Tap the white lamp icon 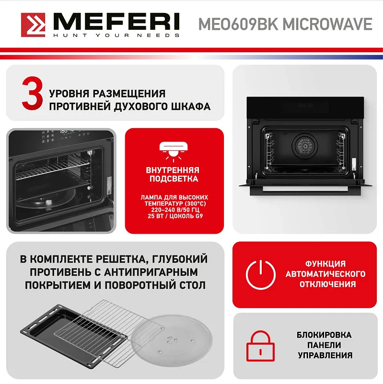pyautogui.click(x=173, y=147)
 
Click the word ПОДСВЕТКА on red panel pyautogui.click(x=173, y=179)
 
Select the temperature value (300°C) pyautogui.click(x=193, y=203)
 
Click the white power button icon pyautogui.click(x=260, y=275)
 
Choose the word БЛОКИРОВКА pyautogui.click(x=324, y=335)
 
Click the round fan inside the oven pyautogui.click(x=303, y=145)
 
